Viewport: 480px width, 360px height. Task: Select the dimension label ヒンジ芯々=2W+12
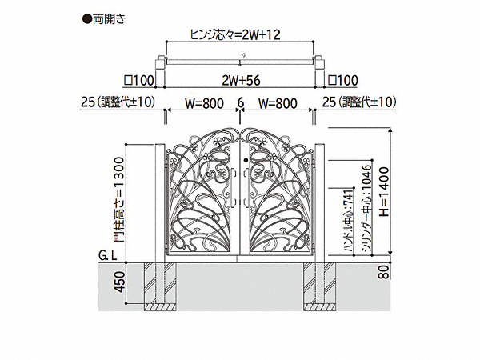point(235,34)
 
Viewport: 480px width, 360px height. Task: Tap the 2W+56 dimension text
point(241,81)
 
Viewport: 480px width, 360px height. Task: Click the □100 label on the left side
point(138,81)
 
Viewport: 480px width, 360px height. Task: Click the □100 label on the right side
point(342,81)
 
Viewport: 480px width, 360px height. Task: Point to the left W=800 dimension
point(204,103)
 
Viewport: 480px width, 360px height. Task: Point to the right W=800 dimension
point(278,103)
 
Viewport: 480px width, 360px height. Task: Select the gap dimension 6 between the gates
point(241,102)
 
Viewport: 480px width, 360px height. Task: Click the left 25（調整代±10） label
point(118,102)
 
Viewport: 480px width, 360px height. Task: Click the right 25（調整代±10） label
point(359,102)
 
